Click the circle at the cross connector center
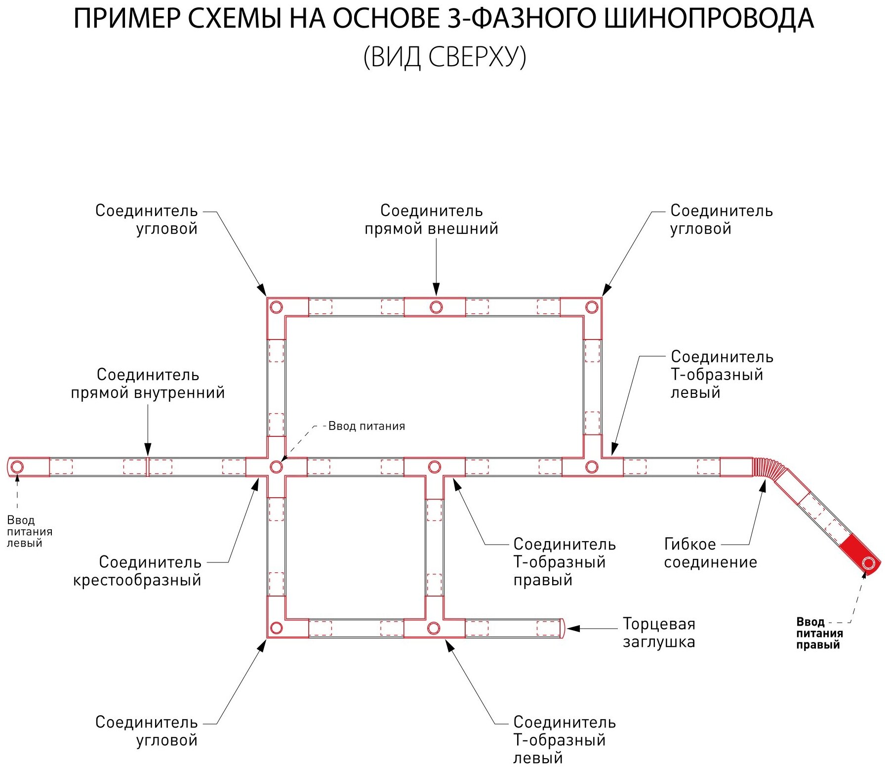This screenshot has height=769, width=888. pyautogui.click(x=276, y=467)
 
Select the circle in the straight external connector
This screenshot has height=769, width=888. pyautogui.click(x=436, y=307)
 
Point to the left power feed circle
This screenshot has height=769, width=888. pyautogui.click(x=17, y=467)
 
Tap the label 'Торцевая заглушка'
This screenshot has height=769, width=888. pyautogui.click(x=658, y=633)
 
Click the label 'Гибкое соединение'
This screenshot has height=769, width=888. pyautogui.click(x=710, y=553)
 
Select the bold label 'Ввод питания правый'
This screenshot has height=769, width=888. pyautogui.click(x=819, y=633)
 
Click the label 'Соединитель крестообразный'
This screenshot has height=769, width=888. pyautogui.click(x=137, y=571)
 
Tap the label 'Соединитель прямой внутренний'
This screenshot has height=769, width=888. pyautogui.click(x=148, y=384)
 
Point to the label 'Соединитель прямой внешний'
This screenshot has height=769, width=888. pyautogui.click(x=431, y=219)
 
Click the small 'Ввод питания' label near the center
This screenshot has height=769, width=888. pyautogui.click(x=366, y=426)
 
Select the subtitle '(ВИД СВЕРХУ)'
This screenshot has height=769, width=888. pyautogui.click(x=444, y=57)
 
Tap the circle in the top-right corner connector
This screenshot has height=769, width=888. pyautogui.click(x=592, y=307)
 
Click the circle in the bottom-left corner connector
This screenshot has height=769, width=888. pyautogui.click(x=276, y=628)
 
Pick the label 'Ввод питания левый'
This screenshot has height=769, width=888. pyautogui.click(x=29, y=531)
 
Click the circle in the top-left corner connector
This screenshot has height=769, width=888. pyautogui.click(x=276, y=307)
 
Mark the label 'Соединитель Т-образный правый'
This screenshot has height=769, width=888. pyautogui.click(x=564, y=562)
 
